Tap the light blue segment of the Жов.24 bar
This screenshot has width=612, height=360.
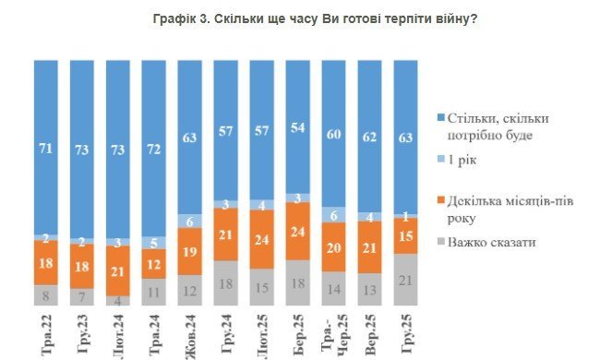point(191,221)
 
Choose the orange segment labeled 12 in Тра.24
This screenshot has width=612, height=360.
point(155,263)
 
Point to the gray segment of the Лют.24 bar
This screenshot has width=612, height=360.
point(119,299)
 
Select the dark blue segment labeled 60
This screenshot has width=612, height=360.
point(334,133)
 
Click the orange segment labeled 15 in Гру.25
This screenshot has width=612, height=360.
point(405,235)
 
